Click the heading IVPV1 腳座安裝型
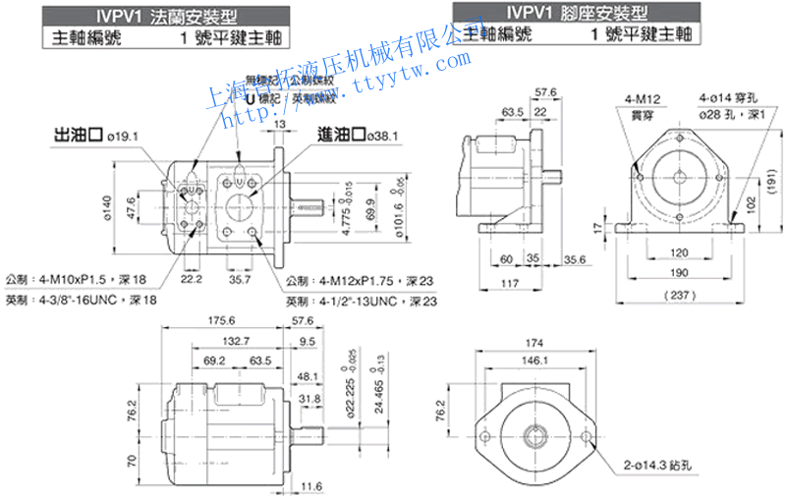pyautogui.click(x=581, y=13)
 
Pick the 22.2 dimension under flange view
pyautogui.click(x=191, y=280)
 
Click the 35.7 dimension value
pyautogui.click(x=240, y=280)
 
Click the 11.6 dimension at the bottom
pyautogui.click(x=311, y=485)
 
